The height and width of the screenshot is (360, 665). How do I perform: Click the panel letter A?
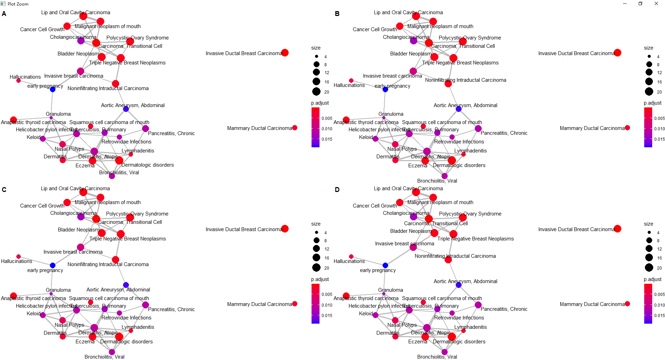pyautogui.click(x=4, y=14)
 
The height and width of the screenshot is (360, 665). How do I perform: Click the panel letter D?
pyautogui.click(x=337, y=190)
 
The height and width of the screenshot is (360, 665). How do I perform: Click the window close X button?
pyautogui.click(x=656, y=4)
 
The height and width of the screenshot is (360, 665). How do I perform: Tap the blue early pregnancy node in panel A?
pyautogui.click(x=53, y=89)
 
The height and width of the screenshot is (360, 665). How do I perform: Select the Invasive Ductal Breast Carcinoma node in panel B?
pyautogui.click(x=617, y=53)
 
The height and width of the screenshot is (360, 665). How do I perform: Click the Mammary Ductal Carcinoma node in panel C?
pyautogui.click(x=295, y=304)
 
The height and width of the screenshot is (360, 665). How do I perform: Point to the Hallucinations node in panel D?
pyautogui.click(x=351, y=257)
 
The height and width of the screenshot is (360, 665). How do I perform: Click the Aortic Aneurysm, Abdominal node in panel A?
pyautogui.click(x=126, y=109)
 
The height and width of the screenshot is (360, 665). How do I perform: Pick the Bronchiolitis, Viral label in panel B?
pyautogui.click(x=437, y=181)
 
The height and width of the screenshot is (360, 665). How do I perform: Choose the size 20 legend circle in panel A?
pyautogui.click(x=316, y=91)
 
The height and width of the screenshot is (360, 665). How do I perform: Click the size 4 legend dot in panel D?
pyautogui.click(x=649, y=232)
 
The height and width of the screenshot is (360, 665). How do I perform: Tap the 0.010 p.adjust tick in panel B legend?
pyautogui.click(x=659, y=129)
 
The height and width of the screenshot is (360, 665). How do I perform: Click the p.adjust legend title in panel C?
pyautogui.click(x=320, y=279)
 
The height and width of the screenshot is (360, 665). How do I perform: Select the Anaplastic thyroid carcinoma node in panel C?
pyautogui.click(x=14, y=296)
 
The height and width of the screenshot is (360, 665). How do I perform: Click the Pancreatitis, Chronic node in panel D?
pyautogui.click(x=478, y=305)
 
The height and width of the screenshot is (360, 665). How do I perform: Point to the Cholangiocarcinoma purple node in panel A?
pyautogui.click(x=81, y=41)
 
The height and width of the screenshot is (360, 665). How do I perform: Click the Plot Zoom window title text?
pyautogui.click(x=18, y=4)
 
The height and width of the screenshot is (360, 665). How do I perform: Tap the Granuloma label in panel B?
pyautogui.click(x=391, y=114)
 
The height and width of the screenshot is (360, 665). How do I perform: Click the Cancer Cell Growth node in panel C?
pyautogui.click(x=67, y=202)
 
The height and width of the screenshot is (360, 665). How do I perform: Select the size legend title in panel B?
pyautogui.click(x=648, y=48)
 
